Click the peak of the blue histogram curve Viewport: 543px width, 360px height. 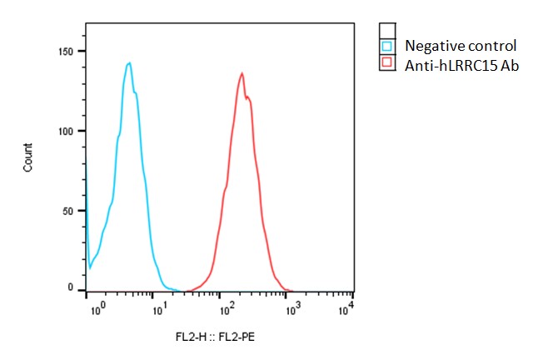(129, 62)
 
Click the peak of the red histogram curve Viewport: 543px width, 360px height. (242, 73)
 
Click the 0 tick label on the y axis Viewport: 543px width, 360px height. (80, 288)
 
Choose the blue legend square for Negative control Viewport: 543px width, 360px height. (386, 46)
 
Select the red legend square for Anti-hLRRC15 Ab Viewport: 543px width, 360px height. (386, 64)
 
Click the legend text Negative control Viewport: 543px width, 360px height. (461, 46)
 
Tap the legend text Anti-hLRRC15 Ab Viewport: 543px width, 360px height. (461, 65)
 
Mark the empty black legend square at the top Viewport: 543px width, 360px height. (386, 29)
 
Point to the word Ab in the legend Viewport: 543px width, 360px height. (509, 65)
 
